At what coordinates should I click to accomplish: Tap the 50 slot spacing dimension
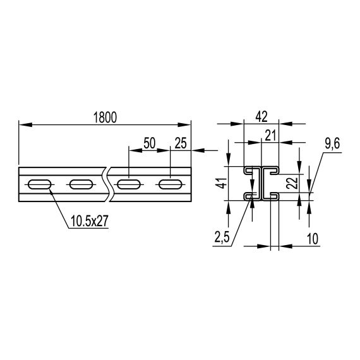pos(150,143)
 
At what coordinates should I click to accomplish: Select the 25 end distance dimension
pos(181,143)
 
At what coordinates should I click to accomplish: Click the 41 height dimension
pos(220,183)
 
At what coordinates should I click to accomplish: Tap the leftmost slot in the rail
pos(38,185)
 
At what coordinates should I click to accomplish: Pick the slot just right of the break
pos(129,185)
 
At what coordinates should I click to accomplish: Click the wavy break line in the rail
pos(109,184)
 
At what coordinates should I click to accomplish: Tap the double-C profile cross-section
pos(262,184)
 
